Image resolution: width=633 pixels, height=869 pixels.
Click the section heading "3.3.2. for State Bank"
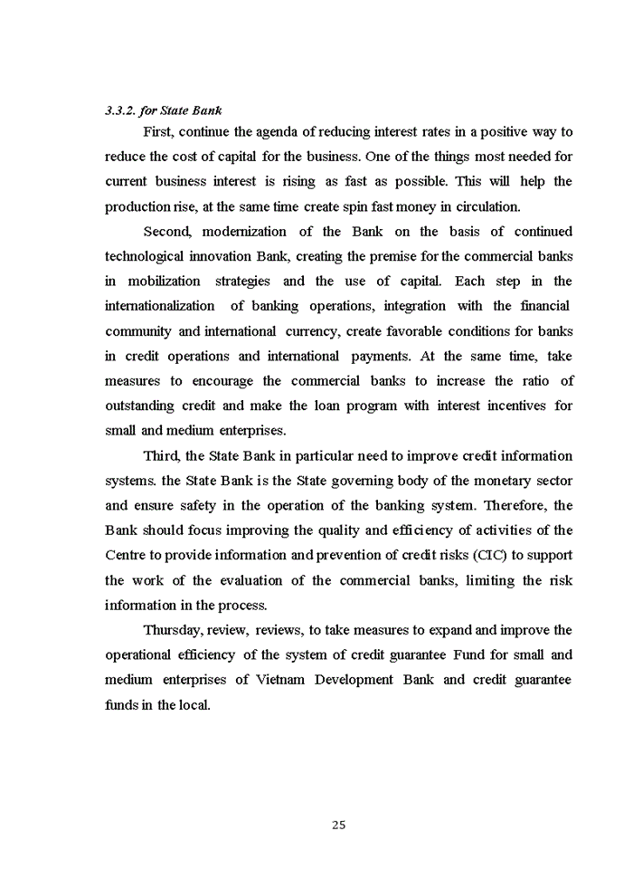(x=164, y=111)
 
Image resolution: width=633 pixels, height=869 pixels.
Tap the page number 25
(x=338, y=825)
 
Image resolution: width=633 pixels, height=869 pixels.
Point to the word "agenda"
(x=281, y=132)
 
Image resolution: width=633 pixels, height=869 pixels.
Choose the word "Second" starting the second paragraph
(x=167, y=232)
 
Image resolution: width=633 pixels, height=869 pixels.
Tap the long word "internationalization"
(x=160, y=306)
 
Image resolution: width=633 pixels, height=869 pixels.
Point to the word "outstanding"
(x=141, y=406)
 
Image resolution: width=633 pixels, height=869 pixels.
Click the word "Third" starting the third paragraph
(x=162, y=455)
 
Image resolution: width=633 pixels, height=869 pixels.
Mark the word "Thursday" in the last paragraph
(x=174, y=630)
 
